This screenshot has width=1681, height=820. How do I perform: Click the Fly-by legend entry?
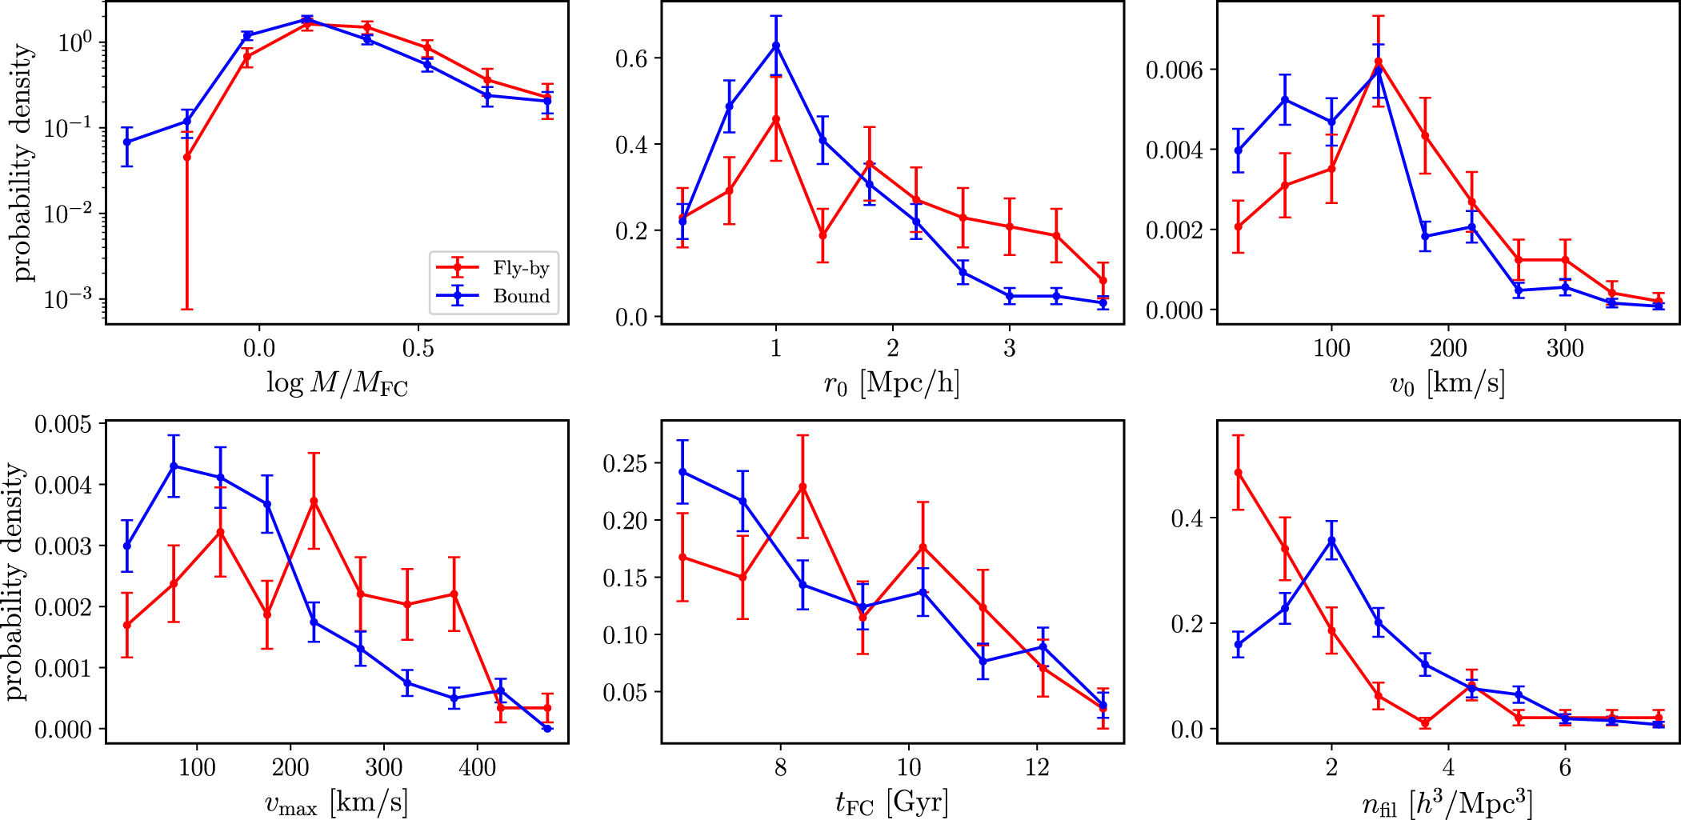521,268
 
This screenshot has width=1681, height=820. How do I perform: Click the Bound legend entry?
521,296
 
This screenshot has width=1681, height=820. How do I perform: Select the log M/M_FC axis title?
337,385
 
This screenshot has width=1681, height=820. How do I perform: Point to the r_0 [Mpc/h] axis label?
891,385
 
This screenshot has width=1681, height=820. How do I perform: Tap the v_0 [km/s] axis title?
1447,385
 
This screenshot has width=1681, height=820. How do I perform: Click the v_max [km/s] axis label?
336,802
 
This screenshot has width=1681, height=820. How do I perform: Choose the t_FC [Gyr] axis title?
891,802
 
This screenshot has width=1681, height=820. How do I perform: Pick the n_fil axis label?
1447,803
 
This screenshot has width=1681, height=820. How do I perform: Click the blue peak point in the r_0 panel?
776,46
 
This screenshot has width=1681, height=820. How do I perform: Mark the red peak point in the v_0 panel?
1379,62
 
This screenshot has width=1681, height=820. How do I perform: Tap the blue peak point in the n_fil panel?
1332,541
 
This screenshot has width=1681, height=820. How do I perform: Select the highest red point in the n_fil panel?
1239,473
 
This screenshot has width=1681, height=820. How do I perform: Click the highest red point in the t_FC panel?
802,486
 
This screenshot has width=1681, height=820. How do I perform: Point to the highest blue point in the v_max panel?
174,466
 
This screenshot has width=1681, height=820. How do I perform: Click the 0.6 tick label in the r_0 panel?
631,58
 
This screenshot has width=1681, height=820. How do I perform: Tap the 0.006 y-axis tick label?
1174,70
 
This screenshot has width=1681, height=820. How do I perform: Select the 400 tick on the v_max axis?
477,768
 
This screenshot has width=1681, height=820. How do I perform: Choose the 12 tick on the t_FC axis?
1037,768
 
